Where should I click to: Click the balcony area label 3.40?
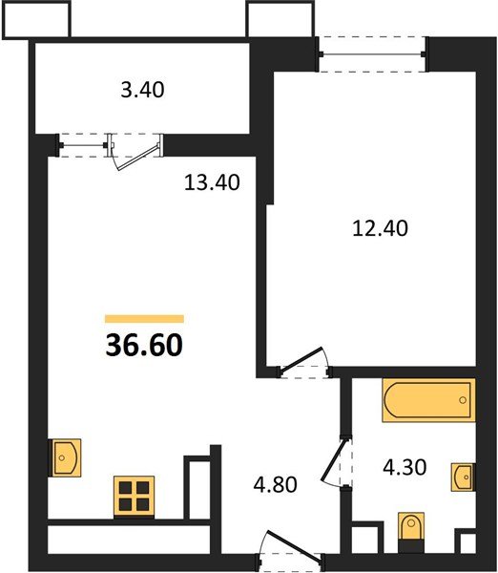pyautogui.click(x=142, y=90)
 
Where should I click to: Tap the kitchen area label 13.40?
pyautogui.click(x=212, y=182)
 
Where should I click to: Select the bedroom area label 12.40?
pyautogui.click(x=380, y=228)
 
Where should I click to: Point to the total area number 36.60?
pyautogui.click(x=144, y=346)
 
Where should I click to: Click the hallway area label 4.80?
pyautogui.click(x=276, y=485)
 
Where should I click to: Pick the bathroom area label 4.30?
pyautogui.click(x=405, y=467)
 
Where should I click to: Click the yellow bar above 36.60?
pyautogui.click(x=144, y=319)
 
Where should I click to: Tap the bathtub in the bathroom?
pyautogui.click(x=428, y=400)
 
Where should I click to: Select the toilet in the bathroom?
pyautogui.click(x=411, y=533)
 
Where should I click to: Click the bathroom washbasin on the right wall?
pyautogui.click(x=464, y=477)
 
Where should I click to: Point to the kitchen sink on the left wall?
pyautogui.click(x=65, y=457)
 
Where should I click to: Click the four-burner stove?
pyautogui.click(x=134, y=496)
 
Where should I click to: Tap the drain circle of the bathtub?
pyautogui.click(x=463, y=400)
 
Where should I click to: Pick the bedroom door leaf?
pyautogui.click(x=301, y=358)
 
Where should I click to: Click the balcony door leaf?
pyautogui.click(x=138, y=158)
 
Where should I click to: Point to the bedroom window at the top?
pyautogui.click(x=372, y=54)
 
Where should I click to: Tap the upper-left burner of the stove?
pyautogui.click(x=125, y=487)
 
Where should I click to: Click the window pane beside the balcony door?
pyautogui.click(x=83, y=145)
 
